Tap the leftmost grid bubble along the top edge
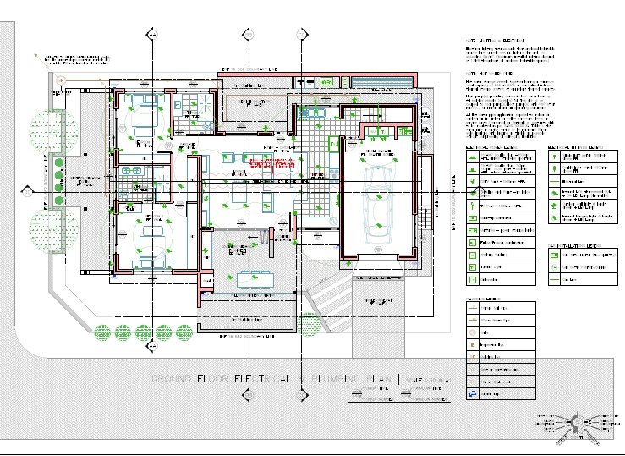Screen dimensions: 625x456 point(151,35)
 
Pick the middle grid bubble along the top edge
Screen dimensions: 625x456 point(249,35)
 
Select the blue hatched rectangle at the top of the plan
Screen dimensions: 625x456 point(381,81)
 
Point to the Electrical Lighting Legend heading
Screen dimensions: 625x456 point(577,146)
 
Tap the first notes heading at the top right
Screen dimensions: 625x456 point(496,41)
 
